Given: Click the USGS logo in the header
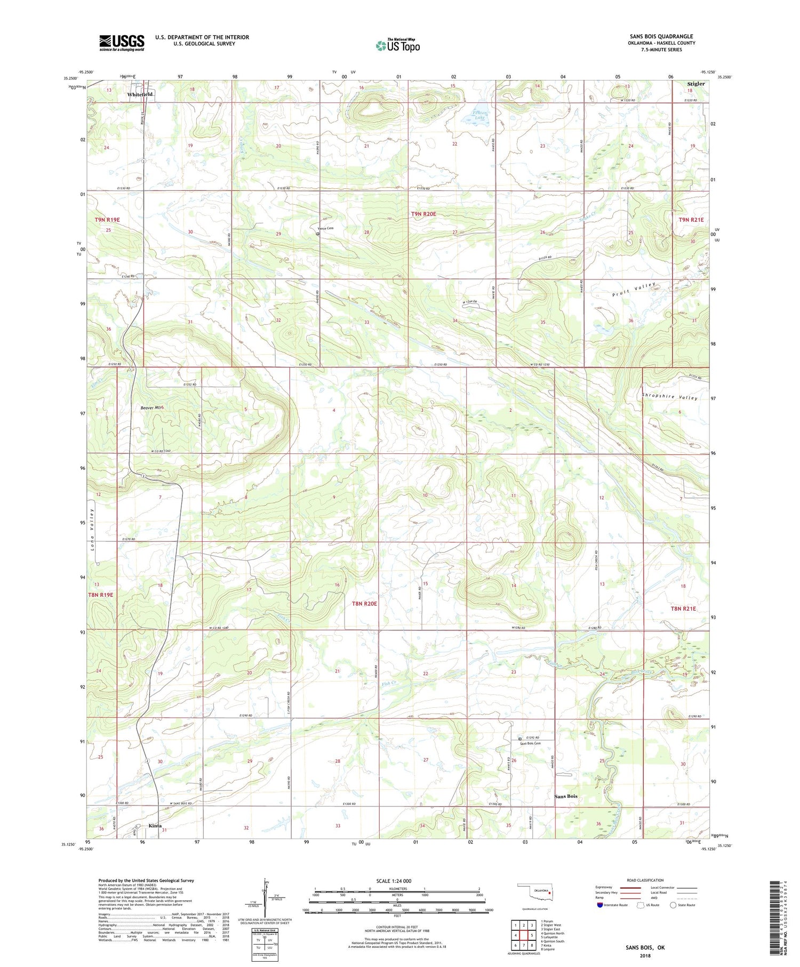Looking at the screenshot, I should pos(122,43).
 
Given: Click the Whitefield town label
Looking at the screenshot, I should pos(140,94).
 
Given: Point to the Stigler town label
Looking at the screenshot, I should pos(695,84).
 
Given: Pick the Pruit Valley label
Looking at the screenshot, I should pos(634,289).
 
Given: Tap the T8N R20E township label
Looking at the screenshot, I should pos(364,604).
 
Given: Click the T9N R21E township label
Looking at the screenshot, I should pos(691,220).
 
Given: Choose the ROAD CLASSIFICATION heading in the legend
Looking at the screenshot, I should pos(645,880).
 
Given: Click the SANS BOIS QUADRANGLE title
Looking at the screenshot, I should pos(661,36).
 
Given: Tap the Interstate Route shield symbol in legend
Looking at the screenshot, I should pos(600,905).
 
